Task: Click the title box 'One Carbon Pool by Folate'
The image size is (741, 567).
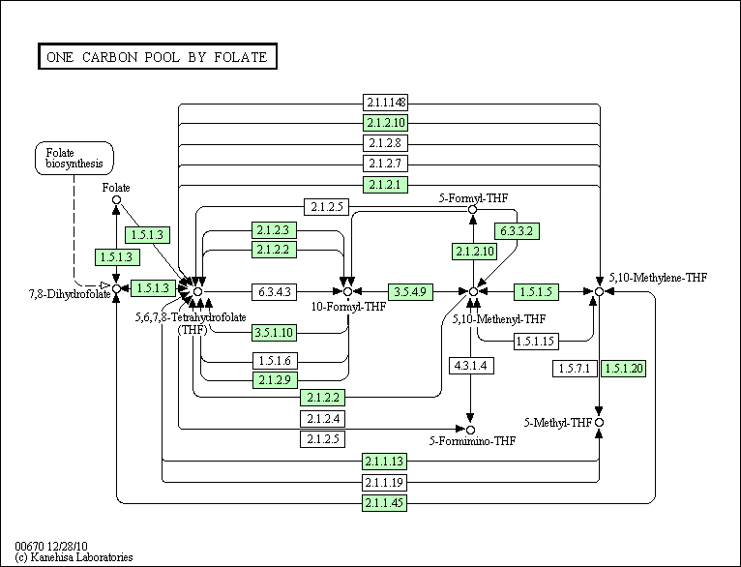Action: [x=157, y=57]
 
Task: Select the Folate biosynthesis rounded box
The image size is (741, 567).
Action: [x=74, y=158]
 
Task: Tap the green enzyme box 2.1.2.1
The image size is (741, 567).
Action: [x=385, y=184]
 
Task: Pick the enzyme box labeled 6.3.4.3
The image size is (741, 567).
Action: [x=275, y=290]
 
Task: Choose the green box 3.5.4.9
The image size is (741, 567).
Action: [x=410, y=290]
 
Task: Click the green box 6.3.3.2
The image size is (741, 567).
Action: [x=518, y=231]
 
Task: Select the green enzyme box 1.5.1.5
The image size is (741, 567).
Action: [x=536, y=290]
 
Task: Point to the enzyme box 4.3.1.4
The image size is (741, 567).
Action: [x=471, y=365]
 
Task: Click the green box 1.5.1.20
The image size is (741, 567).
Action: [x=622, y=368]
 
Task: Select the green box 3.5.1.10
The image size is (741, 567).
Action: [x=275, y=333]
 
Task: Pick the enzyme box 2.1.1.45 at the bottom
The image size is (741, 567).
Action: [x=385, y=503]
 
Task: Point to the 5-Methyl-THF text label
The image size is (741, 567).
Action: [x=558, y=423]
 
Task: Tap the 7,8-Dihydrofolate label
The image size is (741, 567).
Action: [x=54, y=292]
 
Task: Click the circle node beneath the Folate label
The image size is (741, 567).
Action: [x=116, y=200]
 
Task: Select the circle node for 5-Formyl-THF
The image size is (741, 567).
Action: [x=472, y=209]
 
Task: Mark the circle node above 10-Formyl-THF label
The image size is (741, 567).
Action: [x=346, y=290]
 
